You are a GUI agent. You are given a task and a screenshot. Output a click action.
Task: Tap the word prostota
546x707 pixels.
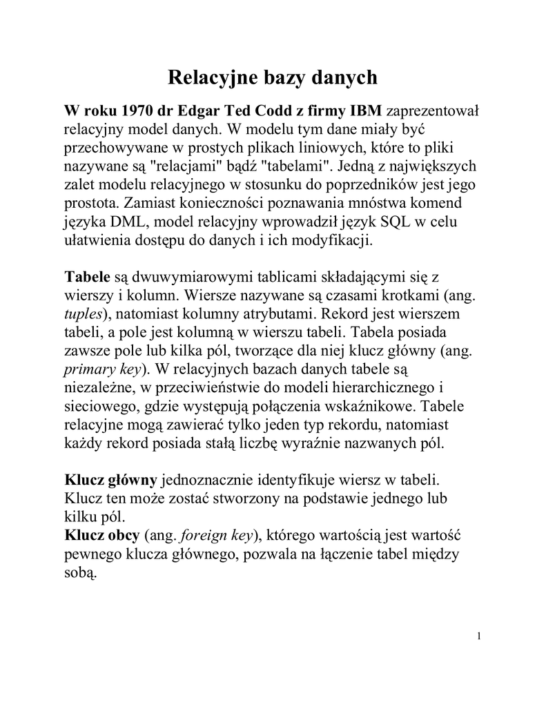88,204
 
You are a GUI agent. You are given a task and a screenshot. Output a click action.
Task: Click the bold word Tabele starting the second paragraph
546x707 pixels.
87,278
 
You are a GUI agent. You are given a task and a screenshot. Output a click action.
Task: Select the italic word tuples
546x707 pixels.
82,314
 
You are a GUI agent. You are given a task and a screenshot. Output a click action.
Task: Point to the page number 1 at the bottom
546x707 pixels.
478,636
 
